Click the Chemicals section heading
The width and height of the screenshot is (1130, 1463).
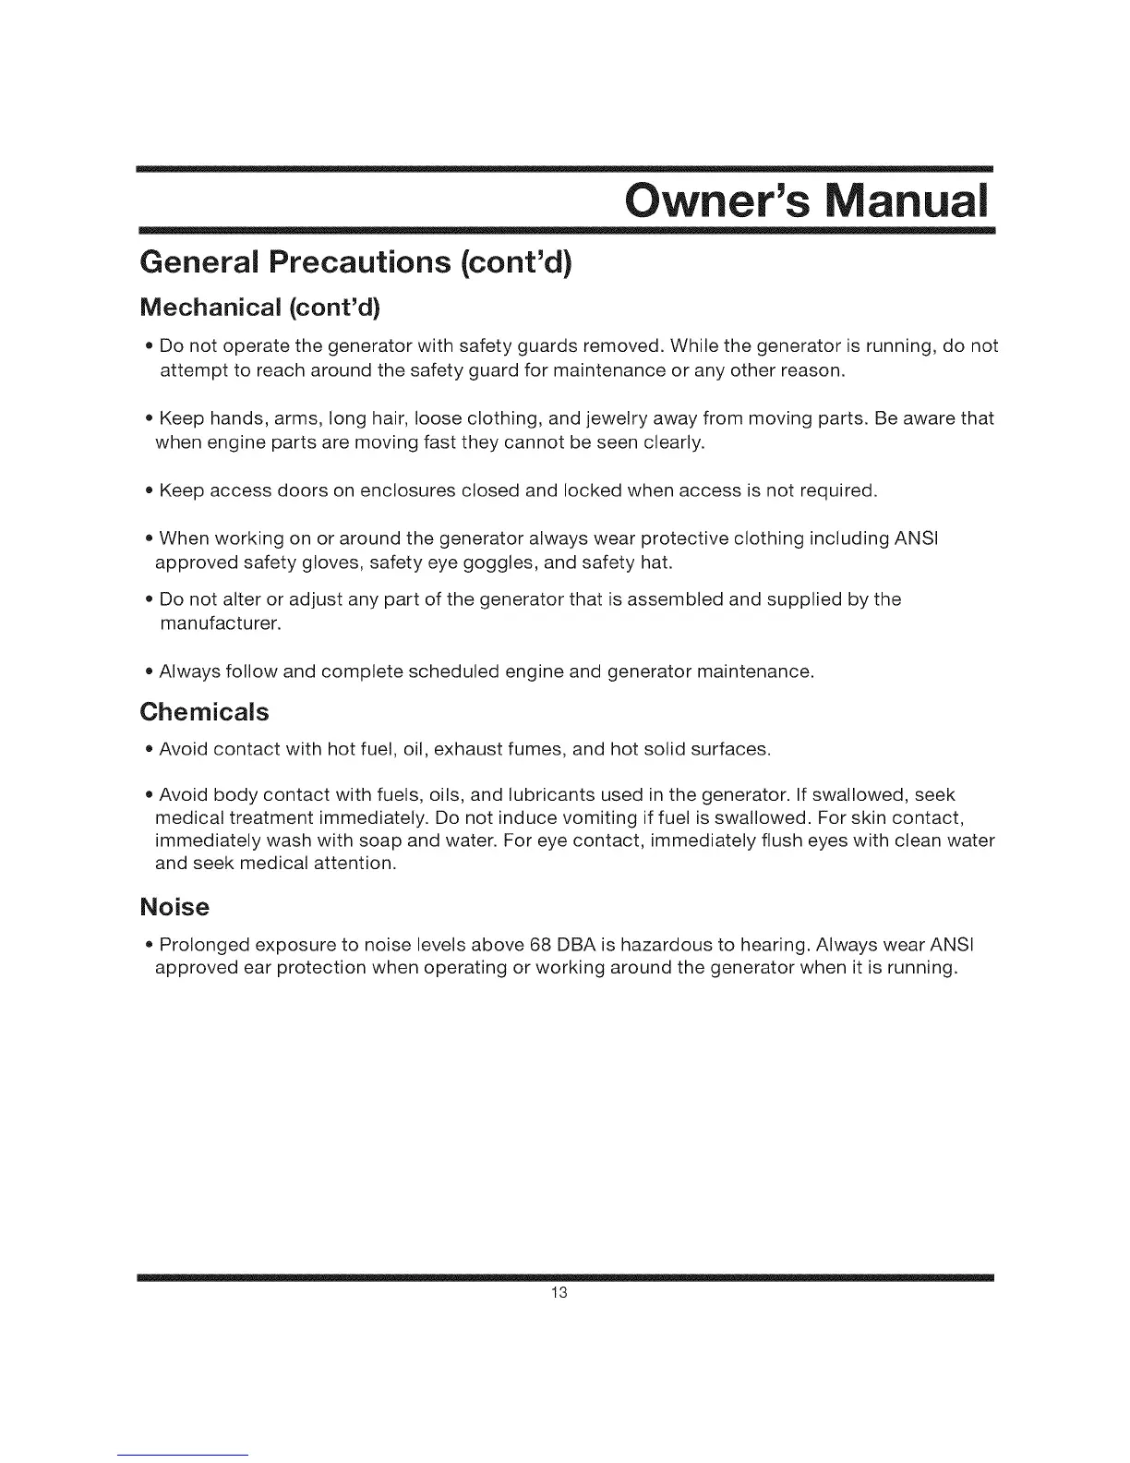pyautogui.click(x=204, y=712)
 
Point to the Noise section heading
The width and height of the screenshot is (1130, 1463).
pyautogui.click(x=174, y=907)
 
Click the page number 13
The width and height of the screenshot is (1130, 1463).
pyautogui.click(x=558, y=1293)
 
